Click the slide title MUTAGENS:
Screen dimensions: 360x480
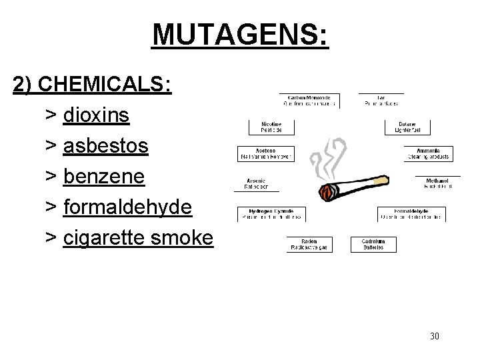point(240,35)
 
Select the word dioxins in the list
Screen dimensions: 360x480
point(97,115)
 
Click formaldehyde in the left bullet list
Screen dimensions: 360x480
point(128,207)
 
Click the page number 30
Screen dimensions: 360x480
point(435,336)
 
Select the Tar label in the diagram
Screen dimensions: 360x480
point(381,101)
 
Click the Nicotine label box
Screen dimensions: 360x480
point(272,127)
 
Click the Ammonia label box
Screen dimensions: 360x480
point(427,153)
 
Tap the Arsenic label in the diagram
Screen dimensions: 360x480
point(257,183)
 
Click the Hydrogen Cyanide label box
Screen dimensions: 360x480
point(272,214)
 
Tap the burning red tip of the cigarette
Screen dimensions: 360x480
point(327,194)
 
